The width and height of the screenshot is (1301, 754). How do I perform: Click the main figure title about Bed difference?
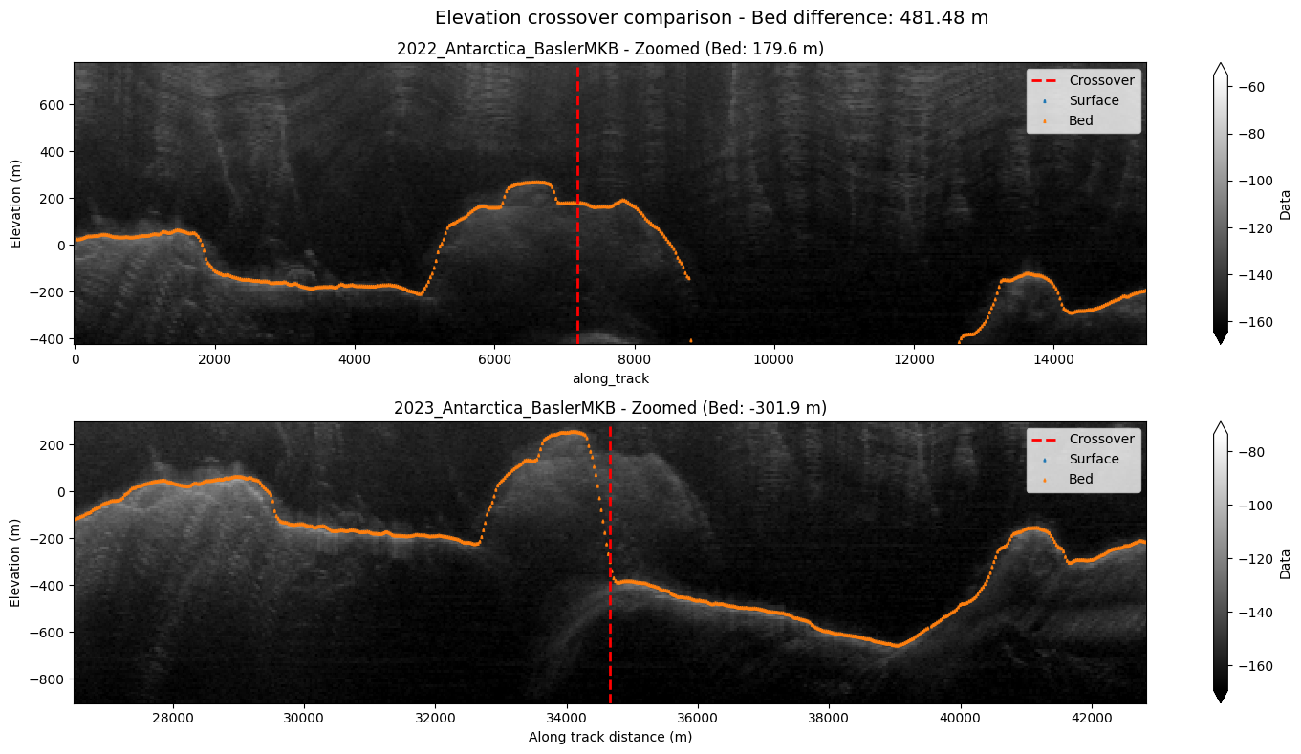click(711, 17)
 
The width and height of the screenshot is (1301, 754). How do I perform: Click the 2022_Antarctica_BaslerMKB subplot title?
click(610, 49)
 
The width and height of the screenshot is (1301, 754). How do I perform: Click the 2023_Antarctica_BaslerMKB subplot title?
click(610, 408)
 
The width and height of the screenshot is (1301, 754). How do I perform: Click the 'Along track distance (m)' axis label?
click(610, 737)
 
